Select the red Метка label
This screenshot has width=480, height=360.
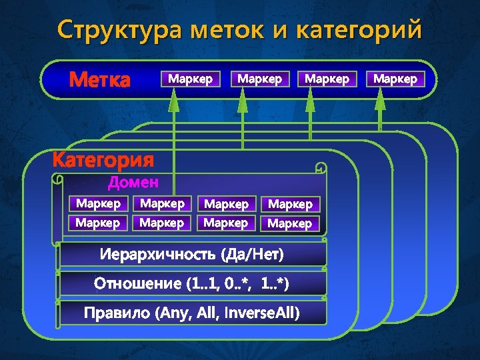(100, 80)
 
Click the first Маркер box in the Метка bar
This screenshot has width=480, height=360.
(191, 79)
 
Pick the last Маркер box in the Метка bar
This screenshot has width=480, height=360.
(395, 79)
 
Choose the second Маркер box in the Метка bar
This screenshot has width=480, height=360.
(260, 79)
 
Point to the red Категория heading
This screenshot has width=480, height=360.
(103, 161)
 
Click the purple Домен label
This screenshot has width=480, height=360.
(133, 182)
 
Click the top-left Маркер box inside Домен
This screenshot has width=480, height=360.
(98, 203)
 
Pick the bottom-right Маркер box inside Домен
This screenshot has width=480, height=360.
(289, 223)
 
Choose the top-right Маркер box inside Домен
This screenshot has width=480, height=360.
(289, 204)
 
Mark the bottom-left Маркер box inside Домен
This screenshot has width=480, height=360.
(98, 222)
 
